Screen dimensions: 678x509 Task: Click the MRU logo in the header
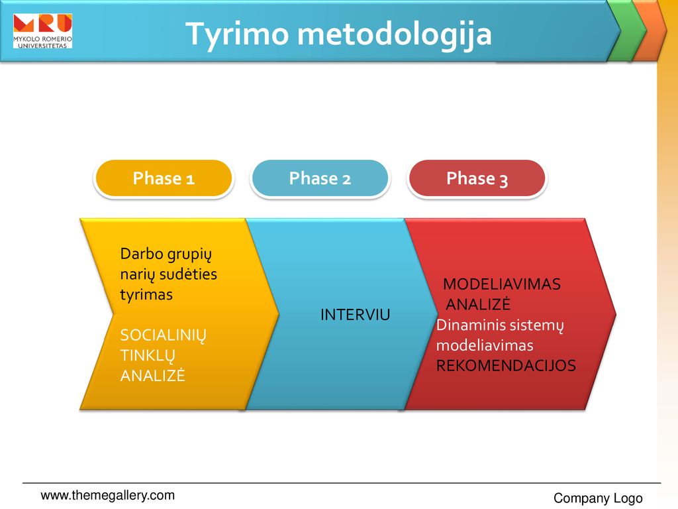[42, 30]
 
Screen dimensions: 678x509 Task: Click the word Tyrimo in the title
[237, 34]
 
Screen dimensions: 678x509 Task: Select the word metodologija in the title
[395, 34]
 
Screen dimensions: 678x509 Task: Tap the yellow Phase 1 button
[164, 178]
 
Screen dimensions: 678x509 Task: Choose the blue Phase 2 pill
[320, 178]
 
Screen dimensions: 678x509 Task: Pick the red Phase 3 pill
[477, 178]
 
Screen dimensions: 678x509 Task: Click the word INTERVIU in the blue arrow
[355, 315]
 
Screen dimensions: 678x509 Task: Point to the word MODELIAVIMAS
[502, 284]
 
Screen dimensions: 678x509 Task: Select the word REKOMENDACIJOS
[506, 366]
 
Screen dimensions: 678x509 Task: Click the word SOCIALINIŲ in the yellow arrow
[164, 335]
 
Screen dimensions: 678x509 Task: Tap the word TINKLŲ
[148, 356]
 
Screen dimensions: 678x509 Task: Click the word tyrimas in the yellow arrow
[146, 295]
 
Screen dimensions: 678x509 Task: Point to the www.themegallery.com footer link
[108, 495]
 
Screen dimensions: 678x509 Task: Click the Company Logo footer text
[598, 498]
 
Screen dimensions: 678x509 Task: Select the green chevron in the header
[628, 30]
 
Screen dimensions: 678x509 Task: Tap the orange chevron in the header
[652, 30]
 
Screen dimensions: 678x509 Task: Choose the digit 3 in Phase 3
[503, 180]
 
